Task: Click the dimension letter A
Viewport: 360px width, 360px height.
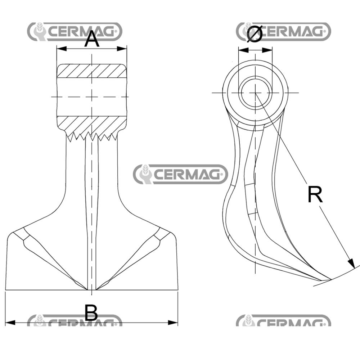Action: (x=92, y=39)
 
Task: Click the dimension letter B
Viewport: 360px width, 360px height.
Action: (x=91, y=312)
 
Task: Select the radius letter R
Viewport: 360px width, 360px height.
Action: (x=315, y=195)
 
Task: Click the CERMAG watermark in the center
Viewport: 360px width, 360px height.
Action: (x=180, y=175)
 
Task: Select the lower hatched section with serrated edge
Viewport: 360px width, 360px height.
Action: (x=92, y=126)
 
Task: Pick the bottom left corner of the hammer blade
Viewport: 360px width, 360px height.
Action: (x=6, y=290)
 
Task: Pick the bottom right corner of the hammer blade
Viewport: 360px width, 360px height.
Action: (x=178, y=290)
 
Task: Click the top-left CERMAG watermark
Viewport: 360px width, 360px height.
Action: (x=75, y=32)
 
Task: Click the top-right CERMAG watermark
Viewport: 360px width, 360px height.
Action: (x=283, y=32)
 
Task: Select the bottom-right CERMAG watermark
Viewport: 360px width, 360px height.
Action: (x=283, y=321)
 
